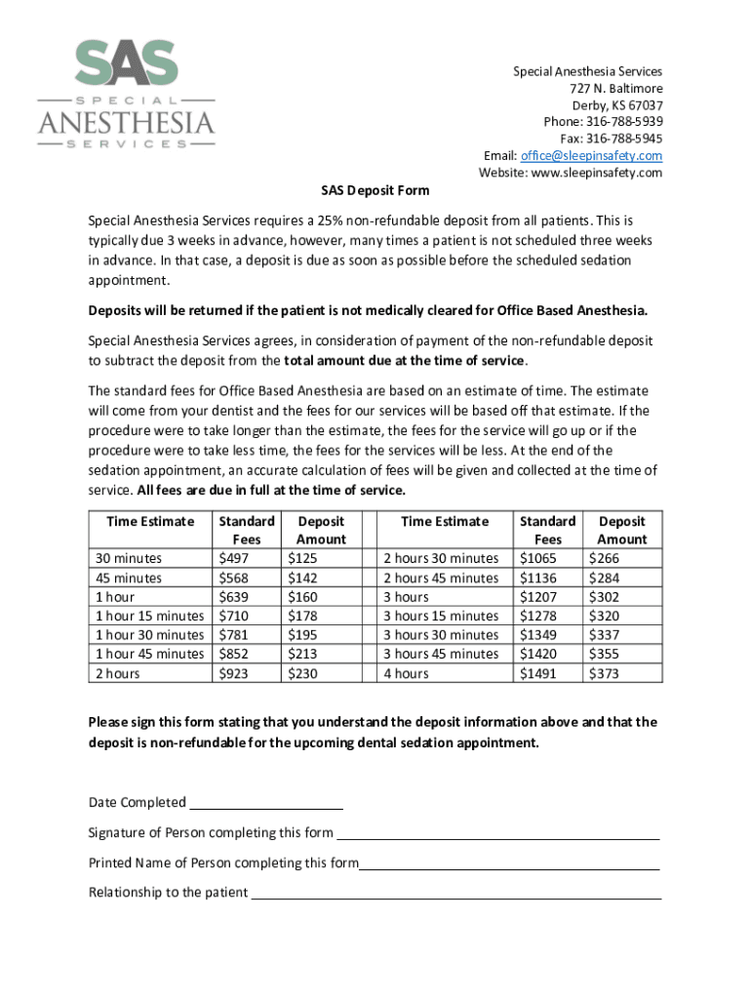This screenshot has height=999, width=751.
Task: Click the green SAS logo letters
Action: tap(127, 64)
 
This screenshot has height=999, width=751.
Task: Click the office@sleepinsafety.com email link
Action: tap(591, 156)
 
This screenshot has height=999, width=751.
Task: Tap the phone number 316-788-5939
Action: tap(624, 122)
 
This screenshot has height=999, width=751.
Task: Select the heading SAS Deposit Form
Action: tap(376, 190)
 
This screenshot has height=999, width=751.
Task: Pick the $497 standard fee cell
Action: tap(235, 559)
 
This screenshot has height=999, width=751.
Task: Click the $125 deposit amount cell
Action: tap(301, 559)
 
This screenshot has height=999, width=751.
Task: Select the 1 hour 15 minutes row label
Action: tap(149, 616)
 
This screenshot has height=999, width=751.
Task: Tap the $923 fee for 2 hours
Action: tap(235, 673)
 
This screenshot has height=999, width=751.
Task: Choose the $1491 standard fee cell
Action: tap(539, 673)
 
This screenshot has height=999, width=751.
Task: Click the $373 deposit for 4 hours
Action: tap(606, 673)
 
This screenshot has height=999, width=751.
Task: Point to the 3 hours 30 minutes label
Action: tap(441, 635)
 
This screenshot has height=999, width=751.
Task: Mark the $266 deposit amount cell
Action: tap(606, 559)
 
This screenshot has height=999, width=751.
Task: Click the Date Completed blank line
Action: tap(265, 806)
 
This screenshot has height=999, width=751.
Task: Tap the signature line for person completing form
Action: tap(497, 836)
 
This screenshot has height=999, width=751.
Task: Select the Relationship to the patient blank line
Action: tap(455, 896)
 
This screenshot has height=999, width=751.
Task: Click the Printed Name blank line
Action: tap(509, 866)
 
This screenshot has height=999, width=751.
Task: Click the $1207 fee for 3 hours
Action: tap(539, 597)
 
